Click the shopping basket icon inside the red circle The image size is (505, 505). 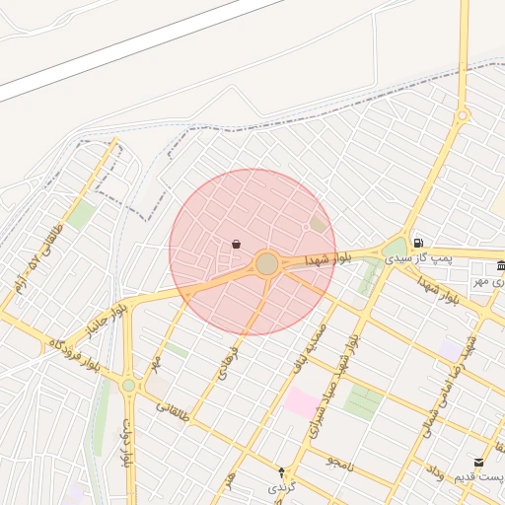pyautogui.click(x=236, y=244)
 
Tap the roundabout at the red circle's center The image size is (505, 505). pyautogui.click(x=267, y=263)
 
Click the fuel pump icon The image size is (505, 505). pyautogui.click(x=419, y=243)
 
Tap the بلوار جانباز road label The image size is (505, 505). pyautogui.click(x=109, y=321)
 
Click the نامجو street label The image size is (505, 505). pyautogui.click(x=339, y=461)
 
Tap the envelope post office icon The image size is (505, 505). pyautogui.click(x=479, y=462)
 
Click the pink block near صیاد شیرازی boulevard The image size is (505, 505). pyautogui.click(x=302, y=401)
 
